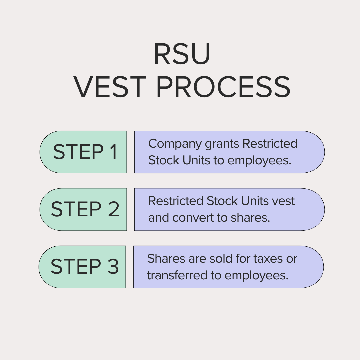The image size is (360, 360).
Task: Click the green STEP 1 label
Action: pyautogui.click(x=83, y=152)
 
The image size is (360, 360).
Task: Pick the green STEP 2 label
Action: pyautogui.click(x=83, y=209)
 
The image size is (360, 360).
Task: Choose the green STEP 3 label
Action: pyautogui.click(x=82, y=267)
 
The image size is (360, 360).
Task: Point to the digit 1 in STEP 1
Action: pyautogui.click(x=114, y=152)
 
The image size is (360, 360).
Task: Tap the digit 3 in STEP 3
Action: pyautogui.click(x=113, y=266)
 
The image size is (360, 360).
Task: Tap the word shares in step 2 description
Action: pyautogui.click(x=250, y=217)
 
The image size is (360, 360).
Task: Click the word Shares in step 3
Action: pyautogui.click(x=166, y=259)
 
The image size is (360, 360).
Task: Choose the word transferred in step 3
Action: pyautogui.click(x=177, y=275)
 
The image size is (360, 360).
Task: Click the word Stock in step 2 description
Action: pyautogui.click(x=222, y=201)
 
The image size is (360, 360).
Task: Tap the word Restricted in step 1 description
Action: pyautogui.click(x=270, y=144)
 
